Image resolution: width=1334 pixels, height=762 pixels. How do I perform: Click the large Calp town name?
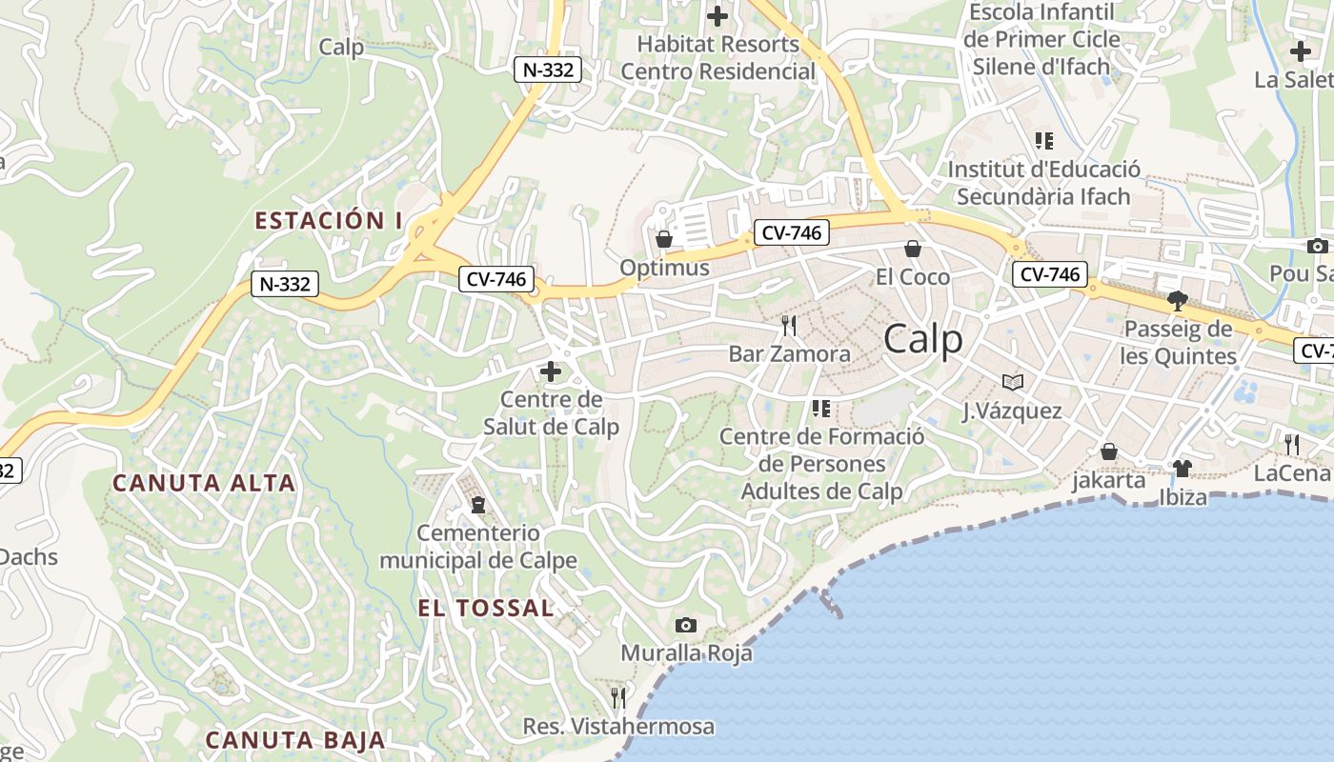[x=922, y=339]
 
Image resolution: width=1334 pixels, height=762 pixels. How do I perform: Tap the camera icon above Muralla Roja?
[x=685, y=626]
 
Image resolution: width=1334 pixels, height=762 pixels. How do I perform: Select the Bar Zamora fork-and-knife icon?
[x=788, y=326]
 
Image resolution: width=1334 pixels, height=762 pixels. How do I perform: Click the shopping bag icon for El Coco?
[x=912, y=249]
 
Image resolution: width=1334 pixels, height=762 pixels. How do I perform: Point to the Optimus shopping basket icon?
[x=664, y=238]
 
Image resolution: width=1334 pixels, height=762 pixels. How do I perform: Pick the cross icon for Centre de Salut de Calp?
[x=551, y=371]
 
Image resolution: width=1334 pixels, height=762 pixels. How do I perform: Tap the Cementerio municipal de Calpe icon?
[x=477, y=504]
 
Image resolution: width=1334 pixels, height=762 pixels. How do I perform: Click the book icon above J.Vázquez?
[x=1012, y=383]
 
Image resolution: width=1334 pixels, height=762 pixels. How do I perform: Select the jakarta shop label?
[x=1109, y=480]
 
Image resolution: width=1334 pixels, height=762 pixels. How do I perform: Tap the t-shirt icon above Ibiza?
[x=1182, y=468]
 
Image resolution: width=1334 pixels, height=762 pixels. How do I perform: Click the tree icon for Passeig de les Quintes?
[x=1178, y=301]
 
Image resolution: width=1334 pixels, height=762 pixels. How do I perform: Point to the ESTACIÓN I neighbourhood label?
[x=328, y=221]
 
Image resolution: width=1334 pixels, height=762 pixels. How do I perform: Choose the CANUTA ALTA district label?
[x=204, y=483]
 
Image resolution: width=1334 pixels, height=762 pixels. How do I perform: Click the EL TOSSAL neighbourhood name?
[x=485, y=608]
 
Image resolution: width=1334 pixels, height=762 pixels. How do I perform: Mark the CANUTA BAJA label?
[x=295, y=739]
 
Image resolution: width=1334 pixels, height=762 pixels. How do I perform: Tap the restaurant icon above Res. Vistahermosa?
[x=618, y=698]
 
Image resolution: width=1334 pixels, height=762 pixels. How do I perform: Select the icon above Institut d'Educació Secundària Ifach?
[x=1044, y=141]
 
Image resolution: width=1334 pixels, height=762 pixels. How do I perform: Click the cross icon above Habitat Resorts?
[x=718, y=16]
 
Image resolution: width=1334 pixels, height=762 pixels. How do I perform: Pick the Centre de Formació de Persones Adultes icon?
[x=820, y=409]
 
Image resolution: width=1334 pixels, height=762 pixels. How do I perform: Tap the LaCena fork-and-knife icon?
[x=1291, y=443]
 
